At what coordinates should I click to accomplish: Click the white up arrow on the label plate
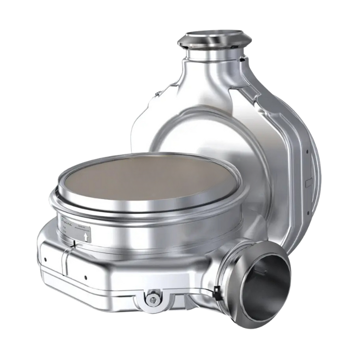pos(85,236)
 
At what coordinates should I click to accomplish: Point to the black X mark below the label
pos(73,244)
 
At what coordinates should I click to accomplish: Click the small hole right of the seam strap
pos(84,277)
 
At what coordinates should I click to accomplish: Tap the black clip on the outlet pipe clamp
pos(217,290)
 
